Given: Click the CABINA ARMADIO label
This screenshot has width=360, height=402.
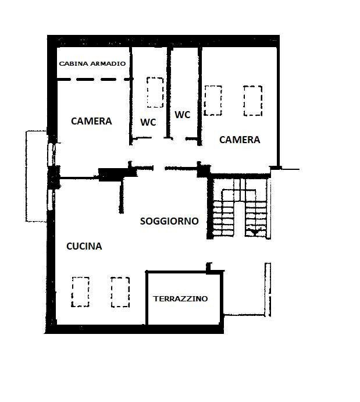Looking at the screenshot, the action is (92, 63).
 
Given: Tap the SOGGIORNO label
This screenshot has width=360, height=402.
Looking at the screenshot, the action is (169, 221).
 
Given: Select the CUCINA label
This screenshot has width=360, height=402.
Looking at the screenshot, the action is (84, 246).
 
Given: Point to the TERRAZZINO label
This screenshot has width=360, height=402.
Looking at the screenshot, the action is (180, 298).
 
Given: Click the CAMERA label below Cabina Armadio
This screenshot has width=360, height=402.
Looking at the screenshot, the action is (91, 121).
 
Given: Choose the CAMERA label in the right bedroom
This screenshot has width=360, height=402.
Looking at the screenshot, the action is (240, 140).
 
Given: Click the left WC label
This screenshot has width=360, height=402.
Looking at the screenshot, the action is (148, 122).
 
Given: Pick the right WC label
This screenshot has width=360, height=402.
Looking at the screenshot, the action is (183, 115).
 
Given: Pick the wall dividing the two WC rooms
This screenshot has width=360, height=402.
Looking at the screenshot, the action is (168, 93).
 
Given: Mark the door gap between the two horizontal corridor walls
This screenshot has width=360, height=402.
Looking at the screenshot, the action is (159, 168).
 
